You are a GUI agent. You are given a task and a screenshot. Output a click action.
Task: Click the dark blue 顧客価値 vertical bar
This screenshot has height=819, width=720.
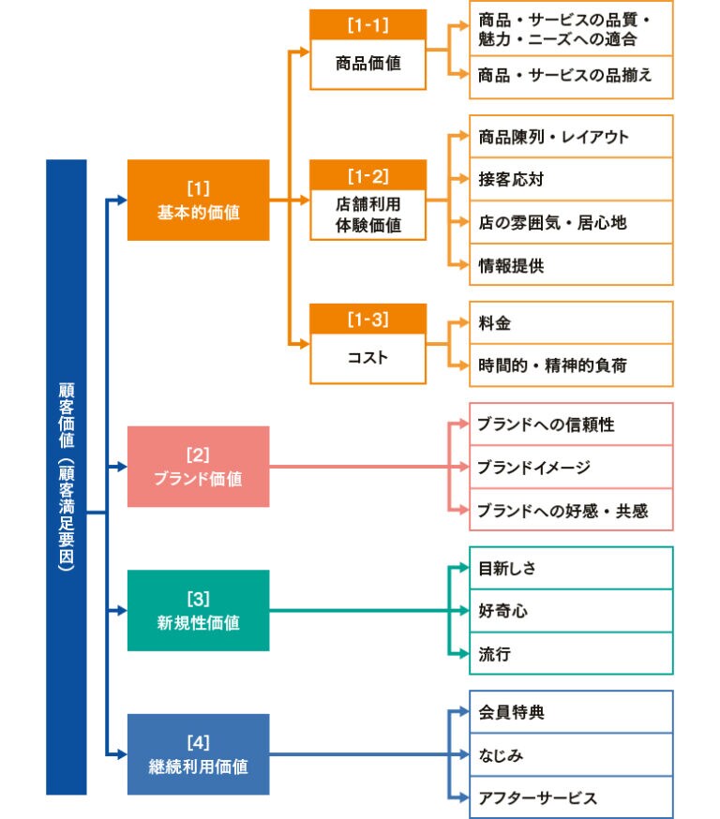tap(67, 477)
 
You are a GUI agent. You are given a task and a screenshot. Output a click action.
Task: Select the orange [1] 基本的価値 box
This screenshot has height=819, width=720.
tap(199, 200)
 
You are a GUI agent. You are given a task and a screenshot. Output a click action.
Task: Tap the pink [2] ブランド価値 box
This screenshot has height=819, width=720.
tap(199, 467)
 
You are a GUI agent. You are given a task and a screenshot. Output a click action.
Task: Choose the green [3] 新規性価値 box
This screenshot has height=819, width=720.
tap(199, 611)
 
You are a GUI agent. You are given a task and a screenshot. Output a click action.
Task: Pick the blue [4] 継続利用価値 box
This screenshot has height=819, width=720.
tap(199, 754)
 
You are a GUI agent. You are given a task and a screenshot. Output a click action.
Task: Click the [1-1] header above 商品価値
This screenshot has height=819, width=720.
tap(367, 24)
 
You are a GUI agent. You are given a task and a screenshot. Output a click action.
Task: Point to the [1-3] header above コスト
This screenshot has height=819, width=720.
tap(367, 319)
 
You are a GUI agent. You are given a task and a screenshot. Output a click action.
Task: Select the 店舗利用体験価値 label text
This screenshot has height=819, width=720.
tap(368, 215)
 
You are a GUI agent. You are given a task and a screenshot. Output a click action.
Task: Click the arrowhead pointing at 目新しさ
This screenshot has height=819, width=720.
tap(464, 568)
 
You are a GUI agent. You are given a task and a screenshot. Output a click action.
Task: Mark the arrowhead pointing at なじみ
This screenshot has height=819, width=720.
tap(464, 754)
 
